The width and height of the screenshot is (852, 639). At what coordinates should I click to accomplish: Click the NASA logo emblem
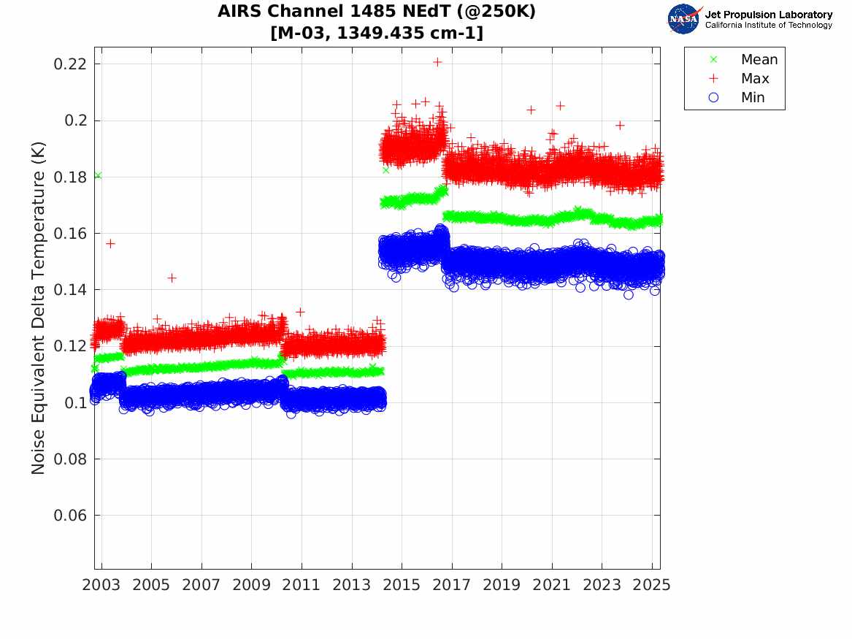coord(684,19)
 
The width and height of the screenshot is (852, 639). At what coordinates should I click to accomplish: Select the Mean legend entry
coord(759,60)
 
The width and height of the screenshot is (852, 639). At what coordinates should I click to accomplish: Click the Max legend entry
coord(755,79)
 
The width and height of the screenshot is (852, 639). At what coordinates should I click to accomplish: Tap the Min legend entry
coord(753,98)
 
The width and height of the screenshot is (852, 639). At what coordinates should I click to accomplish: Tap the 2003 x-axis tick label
coord(101,585)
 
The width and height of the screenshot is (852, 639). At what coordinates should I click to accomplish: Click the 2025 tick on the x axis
coord(652,585)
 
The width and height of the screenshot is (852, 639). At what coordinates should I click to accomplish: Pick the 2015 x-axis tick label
coord(402,585)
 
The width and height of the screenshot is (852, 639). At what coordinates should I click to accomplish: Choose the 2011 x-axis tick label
coord(302,585)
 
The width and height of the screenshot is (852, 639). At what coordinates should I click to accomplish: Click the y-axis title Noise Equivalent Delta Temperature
coord(39,307)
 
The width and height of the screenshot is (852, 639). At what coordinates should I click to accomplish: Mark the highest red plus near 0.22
coord(437,62)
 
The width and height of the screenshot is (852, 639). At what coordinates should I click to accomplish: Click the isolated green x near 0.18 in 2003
coord(98,175)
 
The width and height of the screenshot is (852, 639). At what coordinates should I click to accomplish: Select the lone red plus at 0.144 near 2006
coord(172,278)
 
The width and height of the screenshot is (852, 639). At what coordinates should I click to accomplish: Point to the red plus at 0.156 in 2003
coord(110,243)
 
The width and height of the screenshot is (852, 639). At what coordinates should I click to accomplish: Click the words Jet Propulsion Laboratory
coord(768,15)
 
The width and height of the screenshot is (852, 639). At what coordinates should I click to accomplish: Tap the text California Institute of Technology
coord(768,26)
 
